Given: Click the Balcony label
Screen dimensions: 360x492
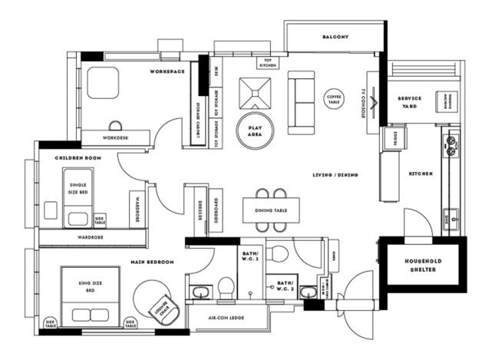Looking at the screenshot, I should click(x=335, y=37).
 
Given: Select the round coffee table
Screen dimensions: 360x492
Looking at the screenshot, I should click(x=334, y=98).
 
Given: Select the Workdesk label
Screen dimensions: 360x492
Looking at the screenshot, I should click(x=114, y=138).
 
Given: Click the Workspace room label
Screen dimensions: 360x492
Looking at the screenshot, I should click(x=167, y=71).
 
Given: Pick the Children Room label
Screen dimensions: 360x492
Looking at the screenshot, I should click(x=78, y=157).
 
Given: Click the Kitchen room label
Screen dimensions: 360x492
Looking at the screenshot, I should click(x=421, y=173).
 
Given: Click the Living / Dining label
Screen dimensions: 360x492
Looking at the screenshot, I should click(x=335, y=175).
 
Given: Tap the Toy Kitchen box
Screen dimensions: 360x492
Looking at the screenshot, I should click(x=268, y=62).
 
